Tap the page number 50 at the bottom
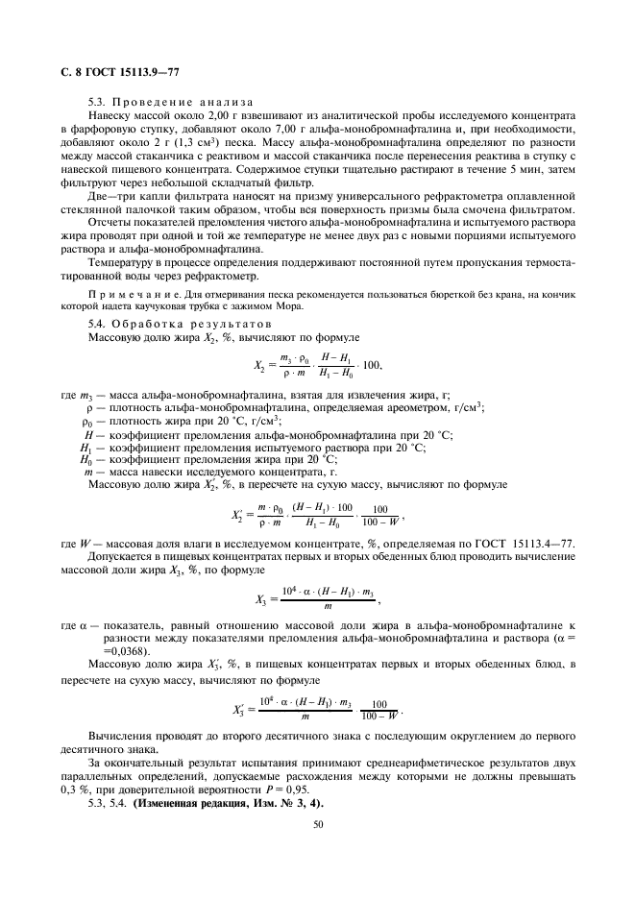tap(317, 823)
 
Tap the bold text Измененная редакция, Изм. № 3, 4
tap(228, 802)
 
